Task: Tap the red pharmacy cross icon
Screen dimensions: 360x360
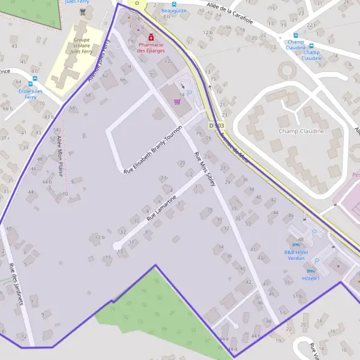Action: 151,37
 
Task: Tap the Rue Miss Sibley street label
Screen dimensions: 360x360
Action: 205,169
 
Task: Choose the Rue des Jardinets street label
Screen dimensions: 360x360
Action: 16,284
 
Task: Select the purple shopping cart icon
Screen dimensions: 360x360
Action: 177,101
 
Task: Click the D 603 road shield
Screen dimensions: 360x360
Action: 217,125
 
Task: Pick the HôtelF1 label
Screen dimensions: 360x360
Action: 311,278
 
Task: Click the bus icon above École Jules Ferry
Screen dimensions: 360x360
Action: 31,84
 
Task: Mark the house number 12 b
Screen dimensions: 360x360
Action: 99,237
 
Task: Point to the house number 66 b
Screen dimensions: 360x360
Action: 7,108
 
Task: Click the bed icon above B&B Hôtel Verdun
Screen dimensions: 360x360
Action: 295,245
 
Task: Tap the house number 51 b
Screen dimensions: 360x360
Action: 297,296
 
